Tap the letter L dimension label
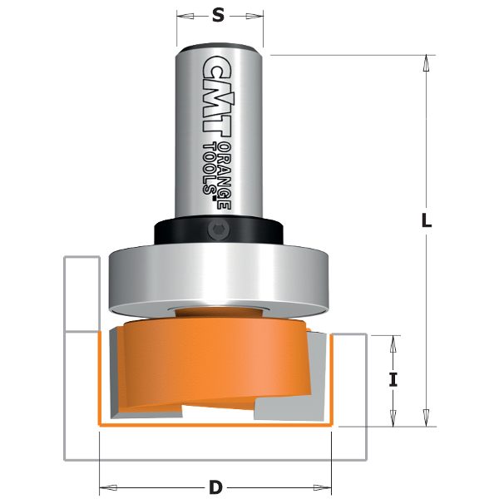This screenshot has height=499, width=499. pos(426,222)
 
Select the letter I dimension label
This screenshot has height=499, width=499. pos(393,380)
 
